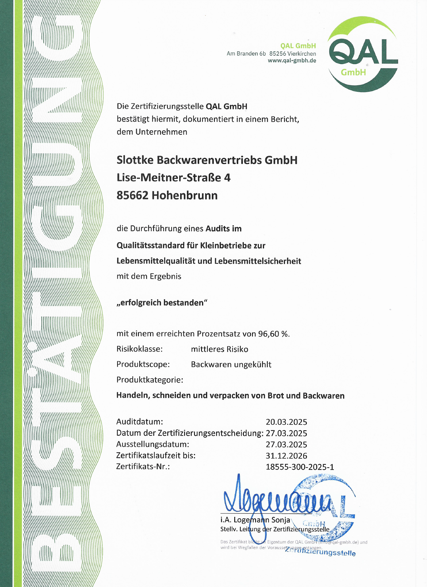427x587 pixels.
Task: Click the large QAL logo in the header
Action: (x=363, y=54)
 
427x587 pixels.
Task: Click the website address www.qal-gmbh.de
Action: (x=292, y=61)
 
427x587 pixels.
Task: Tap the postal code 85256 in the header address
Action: (x=277, y=54)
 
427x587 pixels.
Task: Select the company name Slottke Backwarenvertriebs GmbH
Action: (x=207, y=160)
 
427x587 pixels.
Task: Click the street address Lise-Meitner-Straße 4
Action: (x=173, y=178)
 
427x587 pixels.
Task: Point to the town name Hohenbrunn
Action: (x=184, y=195)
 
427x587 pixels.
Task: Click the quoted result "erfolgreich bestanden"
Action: (x=162, y=303)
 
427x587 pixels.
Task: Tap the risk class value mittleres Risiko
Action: (x=219, y=349)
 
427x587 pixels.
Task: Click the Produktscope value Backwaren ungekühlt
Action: (x=231, y=365)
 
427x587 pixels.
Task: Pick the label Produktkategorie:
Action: (x=150, y=380)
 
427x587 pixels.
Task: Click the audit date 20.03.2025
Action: (x=286, y=422)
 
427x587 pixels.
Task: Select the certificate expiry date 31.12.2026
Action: (x=286, y=456)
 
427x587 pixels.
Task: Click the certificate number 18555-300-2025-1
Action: (x=300, y=467)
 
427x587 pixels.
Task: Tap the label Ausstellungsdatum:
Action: (x=152, y=444)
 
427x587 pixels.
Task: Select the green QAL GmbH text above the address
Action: (x=298, y=46)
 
